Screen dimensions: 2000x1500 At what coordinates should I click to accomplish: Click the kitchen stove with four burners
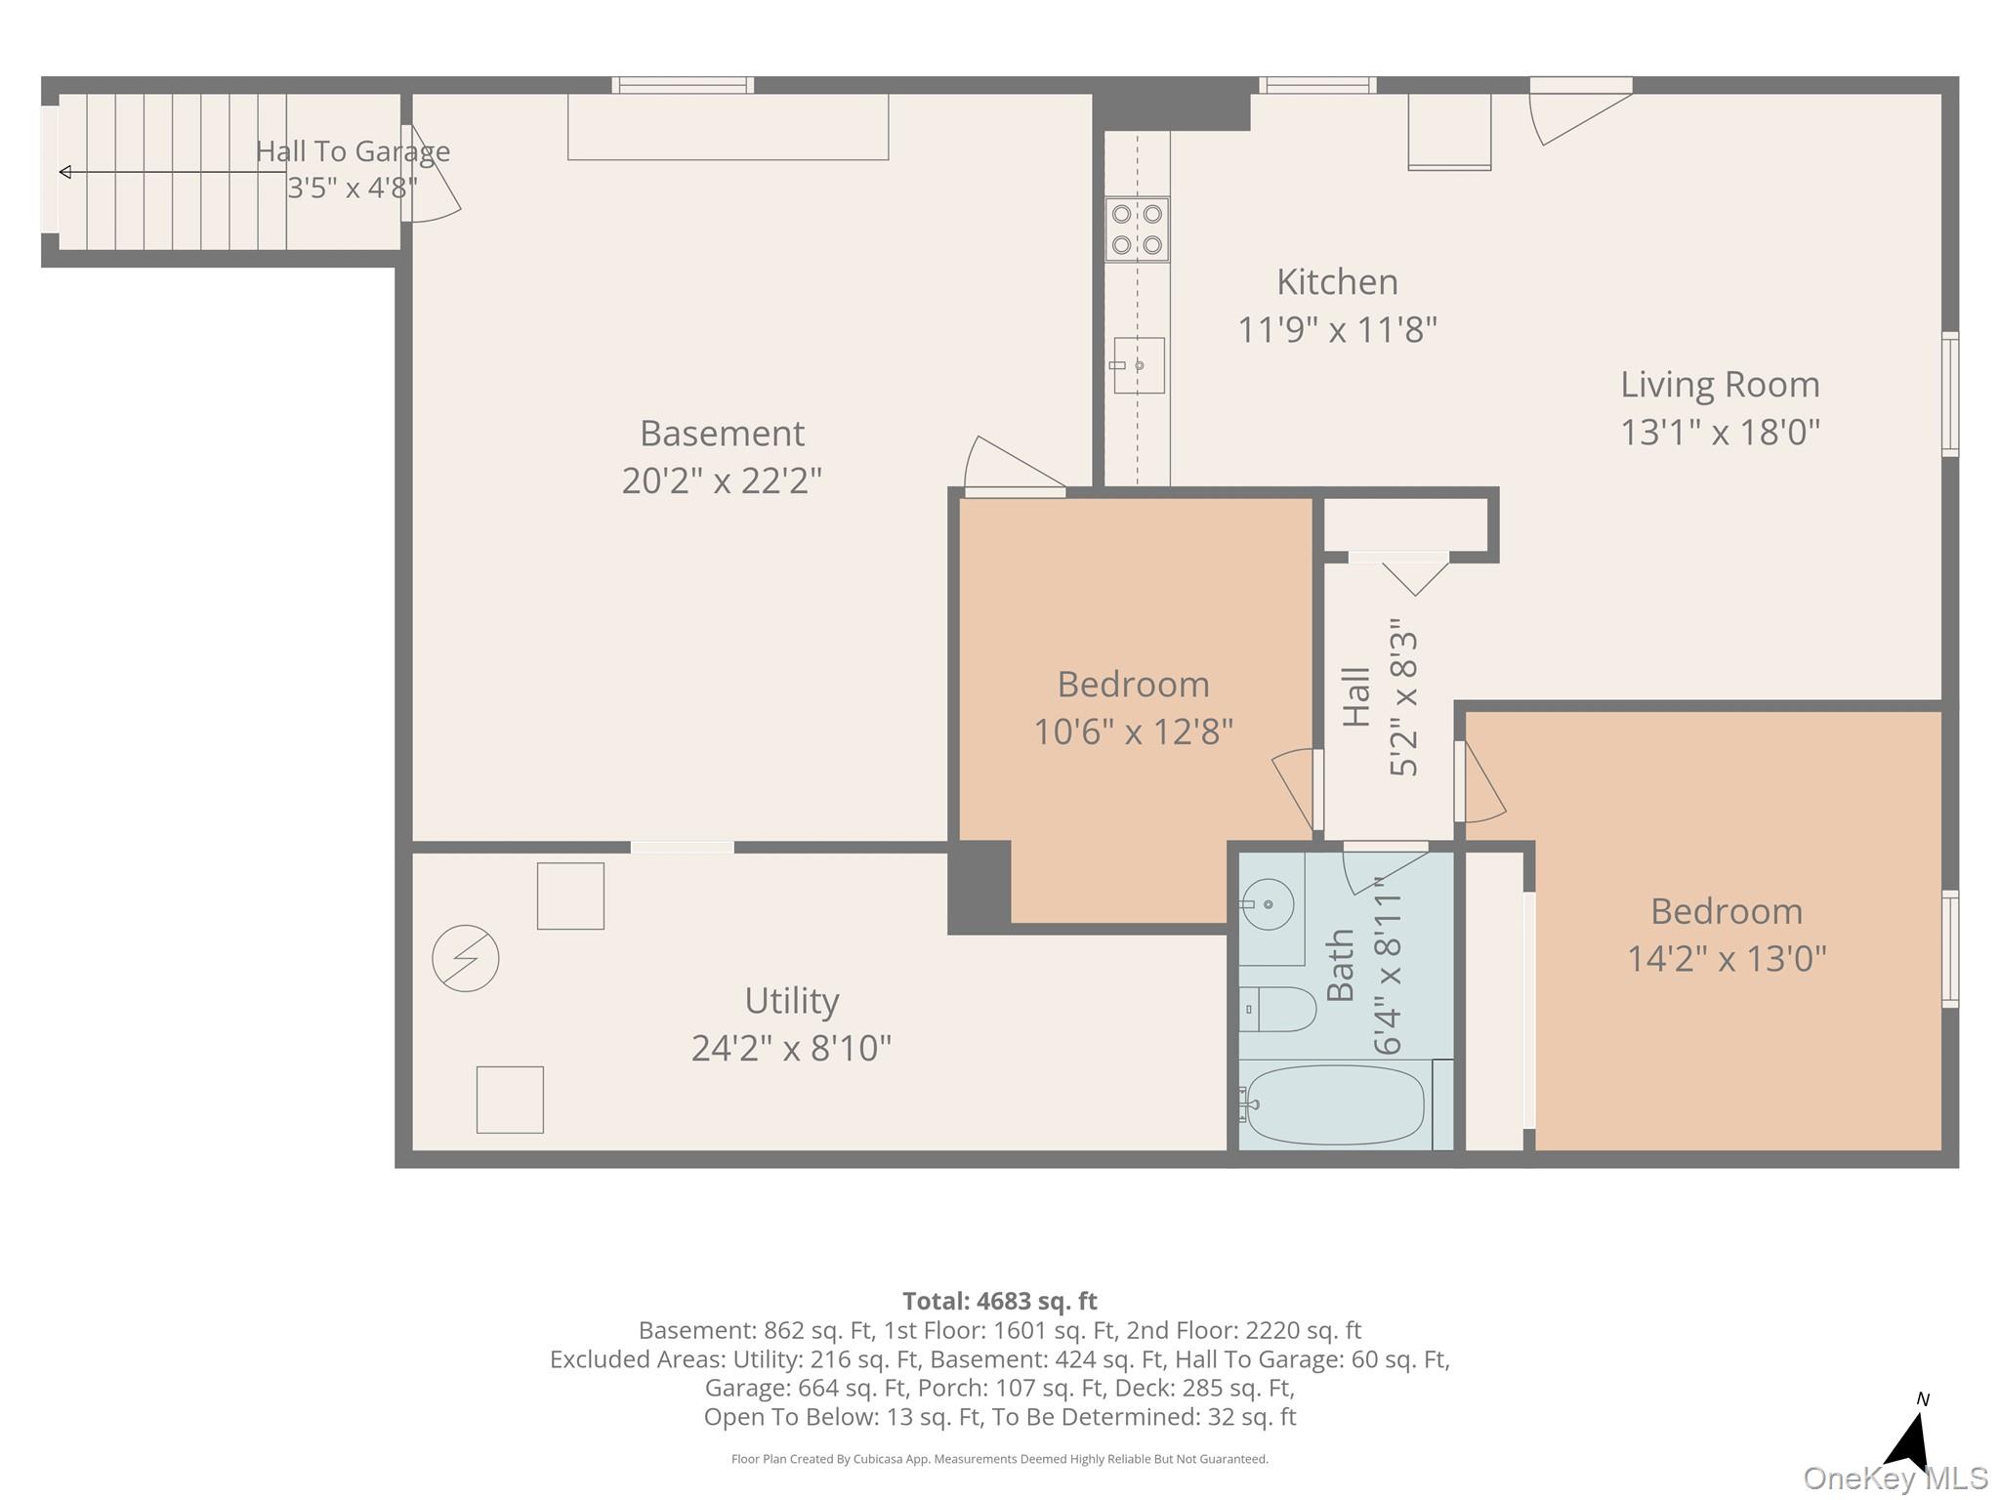[1137, 229]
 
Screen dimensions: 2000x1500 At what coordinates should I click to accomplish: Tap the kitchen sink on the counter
[1139, 365]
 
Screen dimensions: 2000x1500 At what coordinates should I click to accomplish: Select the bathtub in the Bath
[1335, 1104]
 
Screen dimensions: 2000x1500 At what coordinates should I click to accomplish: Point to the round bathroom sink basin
[1268, 904]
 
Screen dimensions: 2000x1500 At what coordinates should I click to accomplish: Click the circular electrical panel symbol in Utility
[466, 958]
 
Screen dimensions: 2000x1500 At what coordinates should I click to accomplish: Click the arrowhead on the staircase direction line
[65, 173]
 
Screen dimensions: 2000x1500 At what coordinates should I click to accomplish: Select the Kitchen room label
[1337, 282]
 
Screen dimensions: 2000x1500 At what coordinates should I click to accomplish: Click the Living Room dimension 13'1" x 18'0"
[1720, 432]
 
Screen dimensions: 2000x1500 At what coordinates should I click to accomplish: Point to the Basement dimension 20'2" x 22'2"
[722, 480]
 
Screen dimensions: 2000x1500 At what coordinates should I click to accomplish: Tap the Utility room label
[792, 1001]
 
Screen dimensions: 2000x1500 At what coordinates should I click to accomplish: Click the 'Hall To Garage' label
[353, 151]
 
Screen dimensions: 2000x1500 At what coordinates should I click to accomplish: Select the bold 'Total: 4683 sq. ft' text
[1000, 1301]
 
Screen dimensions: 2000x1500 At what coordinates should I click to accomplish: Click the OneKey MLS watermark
[1896, 1479]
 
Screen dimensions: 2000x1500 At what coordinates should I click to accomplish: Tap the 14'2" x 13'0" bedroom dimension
[1727, 958]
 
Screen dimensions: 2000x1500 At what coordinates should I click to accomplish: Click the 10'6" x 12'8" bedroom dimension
[1133, 730]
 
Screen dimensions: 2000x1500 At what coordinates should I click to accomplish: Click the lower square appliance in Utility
[510, 1100]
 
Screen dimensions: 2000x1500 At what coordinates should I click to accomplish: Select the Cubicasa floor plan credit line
[1000, 1459]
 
